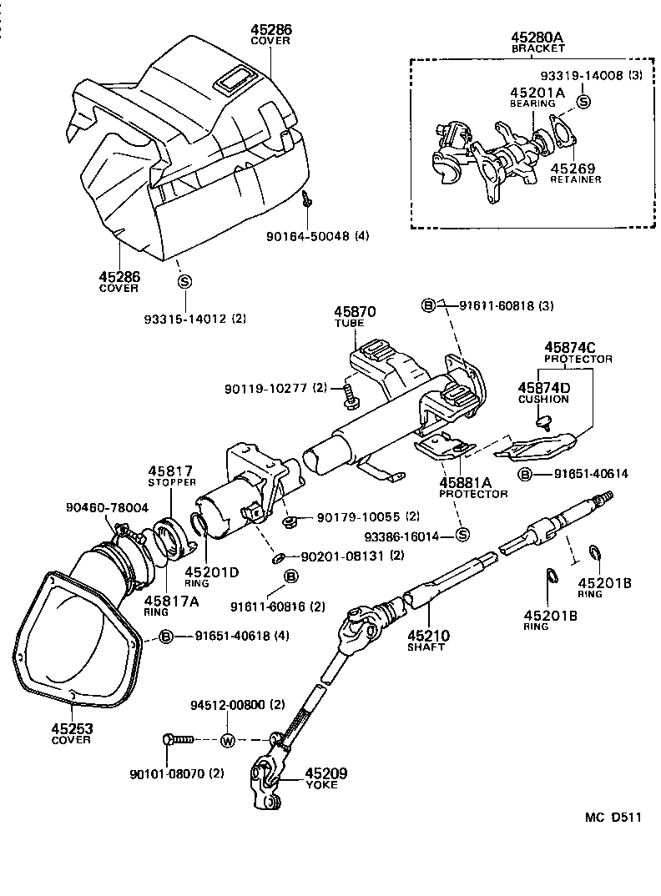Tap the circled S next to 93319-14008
[x=583, y=101]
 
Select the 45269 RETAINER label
[x=575, y=171]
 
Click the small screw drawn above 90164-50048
[x=308, y=199]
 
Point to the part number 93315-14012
[x=184, y=319]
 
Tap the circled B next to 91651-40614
[x=525, y=474]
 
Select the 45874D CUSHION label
[x=543, y=393]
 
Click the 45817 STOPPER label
[x=171, y=476]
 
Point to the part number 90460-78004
[x=107, y=506]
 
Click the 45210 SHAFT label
[x=427, y=640]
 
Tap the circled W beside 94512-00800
[x=227, y=740]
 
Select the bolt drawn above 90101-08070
[x=178, y=739]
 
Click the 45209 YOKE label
[x=325, y=778]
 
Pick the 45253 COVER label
[x=71, y=733]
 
